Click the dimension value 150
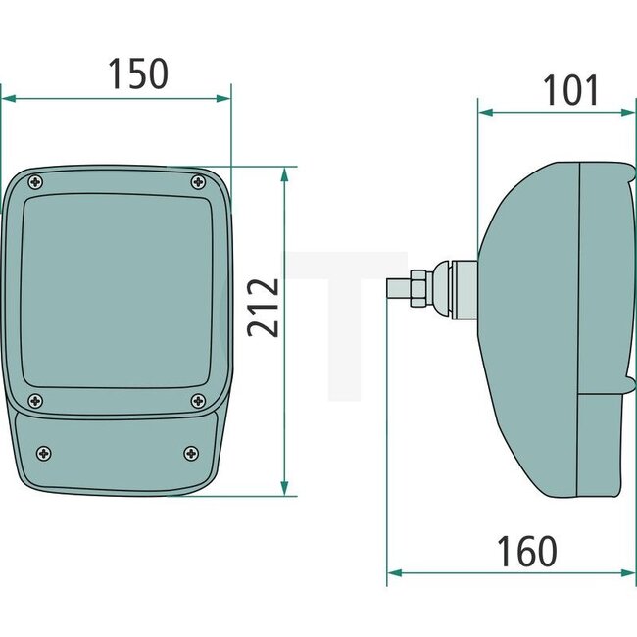coord(137,74)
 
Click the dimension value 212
coord(263,308)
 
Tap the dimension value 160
coord(525,552)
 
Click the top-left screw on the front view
coord(36,181)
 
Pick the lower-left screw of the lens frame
coord(36,400)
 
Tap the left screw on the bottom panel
coord(44,452)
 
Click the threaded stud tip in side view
coord(398,289)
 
